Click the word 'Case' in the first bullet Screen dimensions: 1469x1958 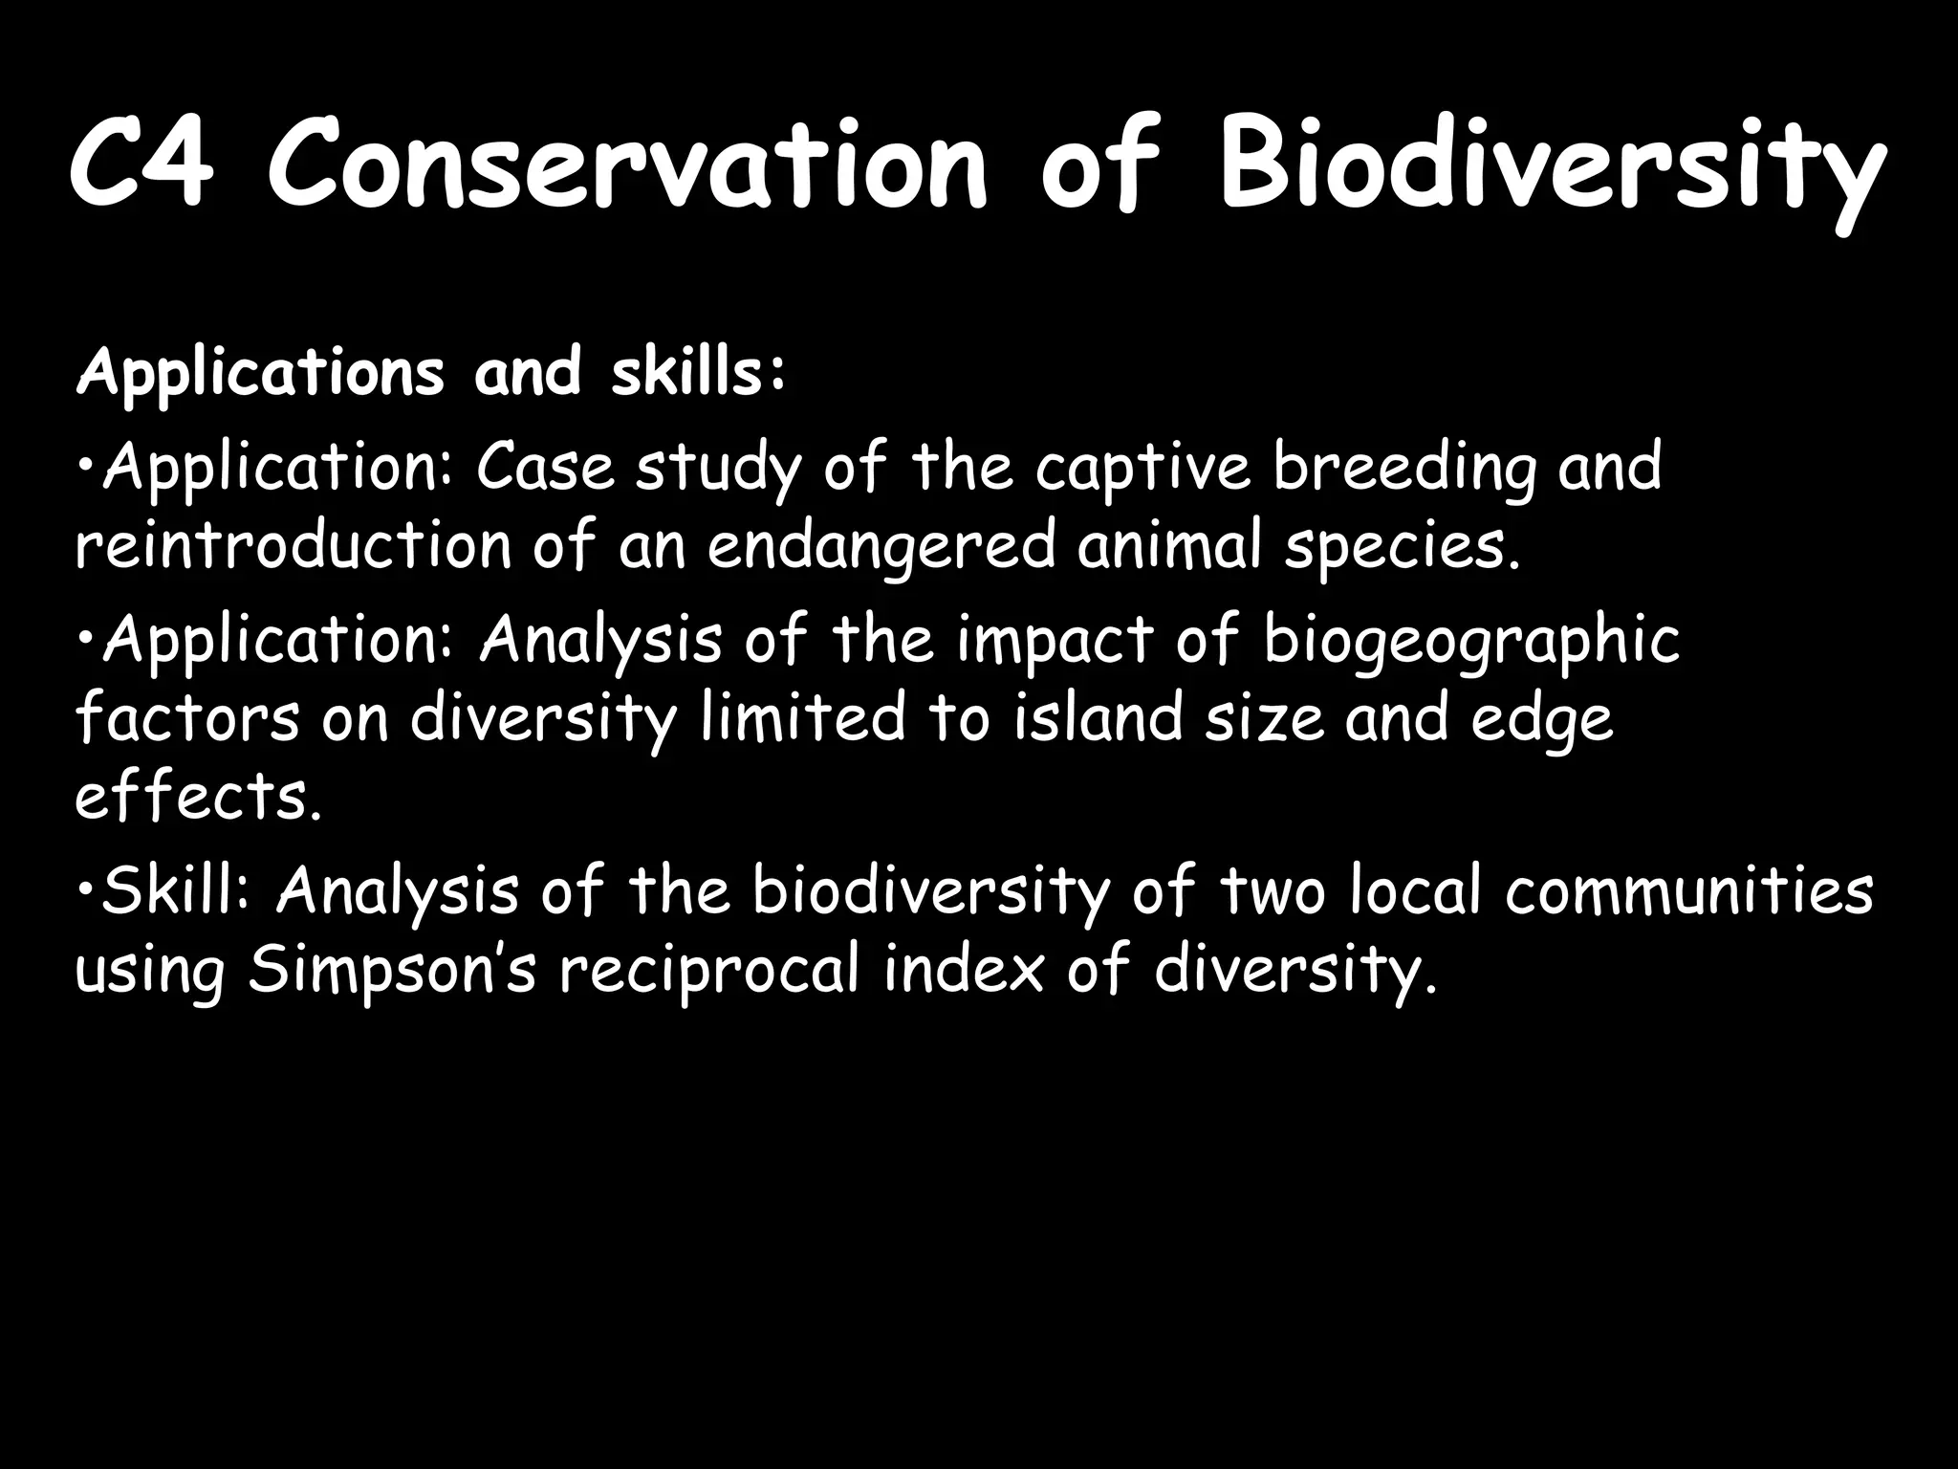[545, 468]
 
